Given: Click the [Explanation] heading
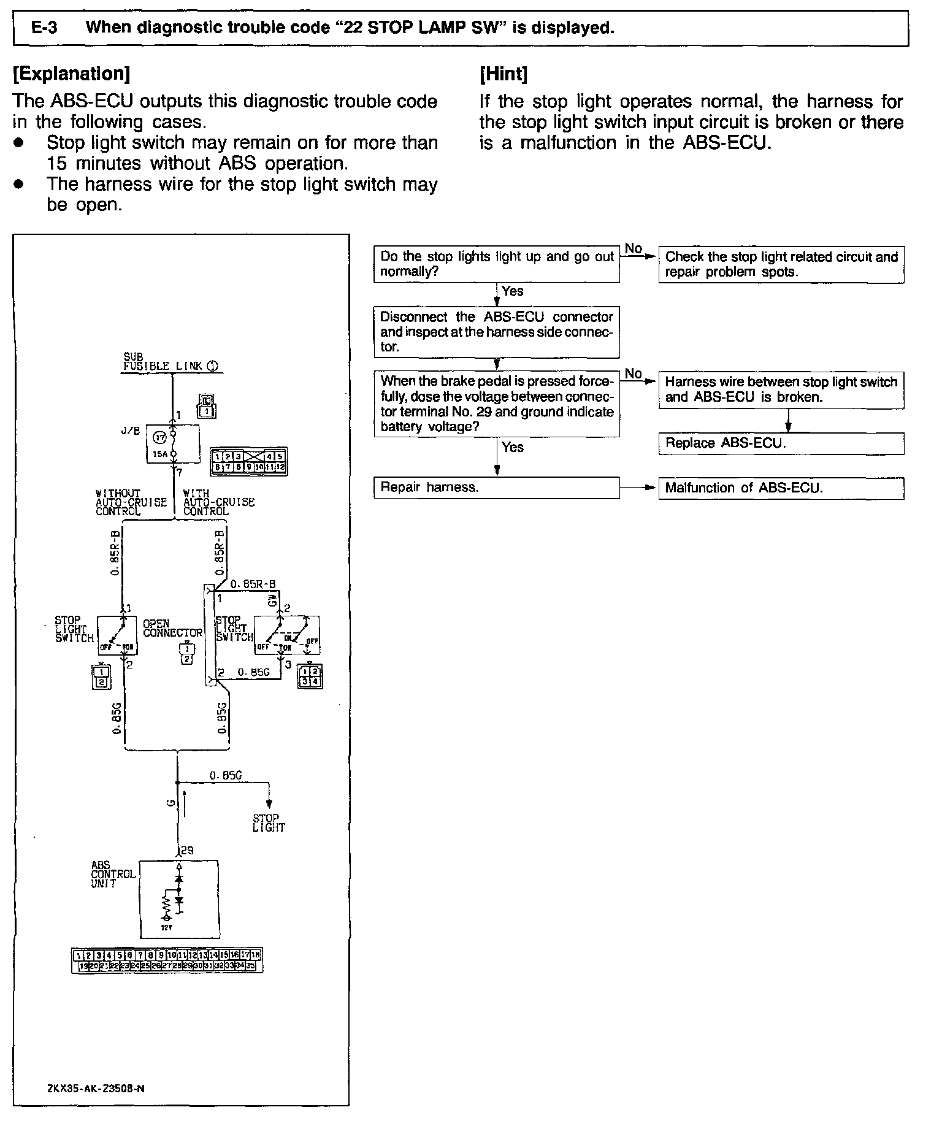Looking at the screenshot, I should click(x=71, y=74).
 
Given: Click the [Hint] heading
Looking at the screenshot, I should click(x=504, y=74).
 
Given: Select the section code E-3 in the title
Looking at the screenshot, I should click(x=45, y=28).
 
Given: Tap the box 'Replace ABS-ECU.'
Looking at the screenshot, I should click(x=781, y=443).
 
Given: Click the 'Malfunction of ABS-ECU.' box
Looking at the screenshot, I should click(x=781, y=488).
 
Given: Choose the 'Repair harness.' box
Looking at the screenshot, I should click(x=496, y=488).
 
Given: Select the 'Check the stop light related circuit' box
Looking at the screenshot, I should click(x=781, y=264).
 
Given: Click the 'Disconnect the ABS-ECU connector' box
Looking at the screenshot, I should click(x=496, y=332).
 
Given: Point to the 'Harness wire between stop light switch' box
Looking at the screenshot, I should click(x=781, y=389).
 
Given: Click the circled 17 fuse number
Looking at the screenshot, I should click(x=160, y=437).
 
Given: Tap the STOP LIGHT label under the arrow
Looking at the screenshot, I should click(x=269, y=823).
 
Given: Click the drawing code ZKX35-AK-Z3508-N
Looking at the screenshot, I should click(x=96, y=1088).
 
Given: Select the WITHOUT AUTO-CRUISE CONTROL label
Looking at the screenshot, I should click(x=131, y=502).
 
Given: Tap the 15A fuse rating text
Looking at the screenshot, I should click(x=159, y=455).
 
